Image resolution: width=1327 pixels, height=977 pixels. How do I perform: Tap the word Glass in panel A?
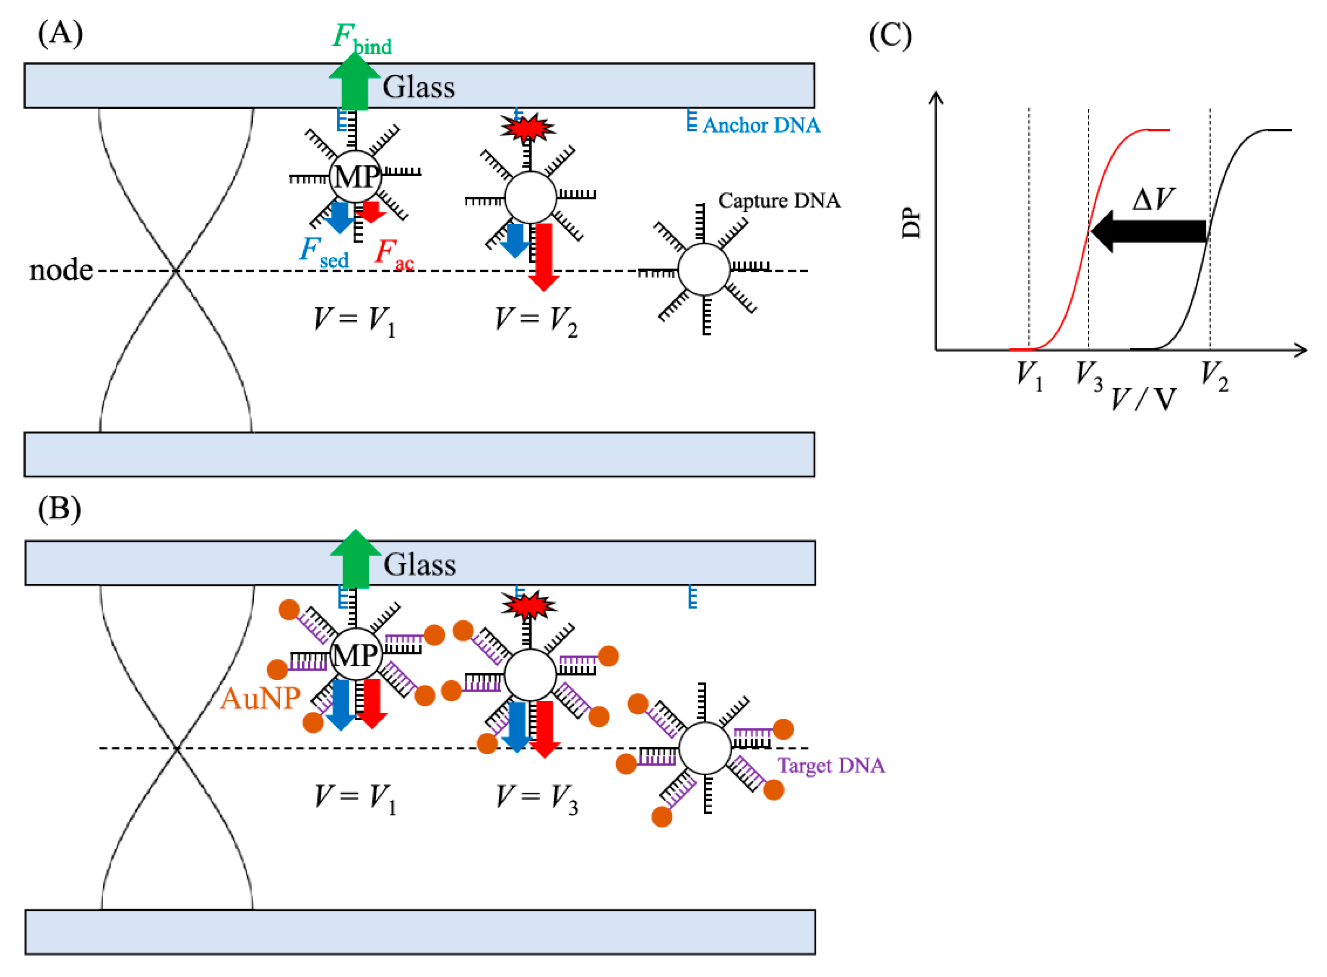point(419,88)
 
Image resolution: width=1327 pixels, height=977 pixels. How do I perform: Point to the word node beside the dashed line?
point(61,270)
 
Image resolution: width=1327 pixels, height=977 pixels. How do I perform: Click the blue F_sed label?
point(323,253)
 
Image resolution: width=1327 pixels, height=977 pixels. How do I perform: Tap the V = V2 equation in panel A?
point(536,321)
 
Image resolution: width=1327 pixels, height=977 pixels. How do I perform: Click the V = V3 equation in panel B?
point(536,799)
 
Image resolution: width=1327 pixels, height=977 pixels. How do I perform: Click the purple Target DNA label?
point(830,765)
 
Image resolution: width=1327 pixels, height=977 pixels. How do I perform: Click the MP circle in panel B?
point(355,655)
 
